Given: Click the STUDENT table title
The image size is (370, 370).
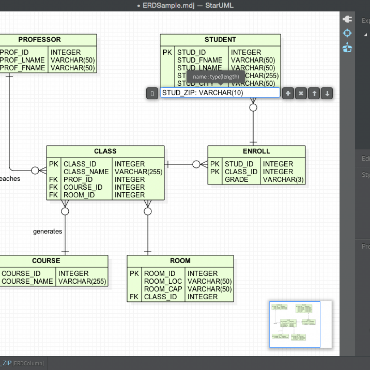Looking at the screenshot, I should pos(220,40).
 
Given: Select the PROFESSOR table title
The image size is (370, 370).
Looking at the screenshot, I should pos(40,40).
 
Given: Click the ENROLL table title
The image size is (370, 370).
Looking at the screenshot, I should pos(256,151).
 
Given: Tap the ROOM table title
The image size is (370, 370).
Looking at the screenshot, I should pos(180,261).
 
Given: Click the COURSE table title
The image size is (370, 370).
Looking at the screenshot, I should pos(46,261).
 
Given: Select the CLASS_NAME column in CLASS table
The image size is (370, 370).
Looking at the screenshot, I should pos(86,172).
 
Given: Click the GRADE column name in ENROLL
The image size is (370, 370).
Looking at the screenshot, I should pos(237,180).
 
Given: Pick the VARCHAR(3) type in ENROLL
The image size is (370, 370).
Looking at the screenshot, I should pos(283,180).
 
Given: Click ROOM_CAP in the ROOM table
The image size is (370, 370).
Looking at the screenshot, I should pos(163,289).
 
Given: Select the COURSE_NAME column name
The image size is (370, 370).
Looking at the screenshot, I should pos(27,281).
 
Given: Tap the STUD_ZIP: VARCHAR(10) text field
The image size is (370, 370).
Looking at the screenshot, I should pos(220,93).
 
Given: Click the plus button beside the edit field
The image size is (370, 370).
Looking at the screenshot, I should pos(288,93).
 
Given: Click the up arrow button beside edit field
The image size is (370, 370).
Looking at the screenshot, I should pos(314,93).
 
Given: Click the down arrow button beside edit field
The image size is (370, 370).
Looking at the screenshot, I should pos(327,93).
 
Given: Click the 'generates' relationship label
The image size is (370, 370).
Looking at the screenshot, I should pos(47,232).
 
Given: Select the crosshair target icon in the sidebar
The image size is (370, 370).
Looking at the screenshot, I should pos(347,33).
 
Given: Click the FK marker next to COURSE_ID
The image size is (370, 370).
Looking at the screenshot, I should pos(53,188).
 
